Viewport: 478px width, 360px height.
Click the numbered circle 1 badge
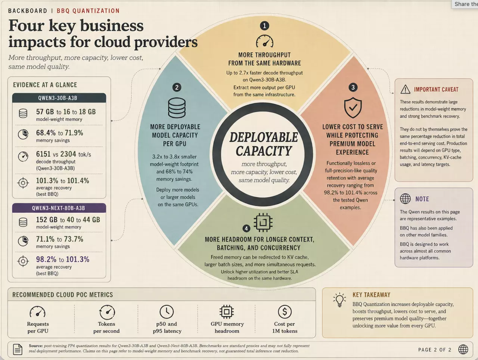(264, 26)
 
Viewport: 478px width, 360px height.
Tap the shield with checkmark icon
(353, 108)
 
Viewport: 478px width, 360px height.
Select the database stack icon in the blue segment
(177, 108)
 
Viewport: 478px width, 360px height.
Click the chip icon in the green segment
(263, 222)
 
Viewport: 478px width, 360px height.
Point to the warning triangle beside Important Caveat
(405, 89)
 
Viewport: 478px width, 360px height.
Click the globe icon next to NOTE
(405, 199)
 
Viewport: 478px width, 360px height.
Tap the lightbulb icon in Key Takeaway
(339, 300)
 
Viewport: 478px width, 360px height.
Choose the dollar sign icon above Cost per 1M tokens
(285, 312)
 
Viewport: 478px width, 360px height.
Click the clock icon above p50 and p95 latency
(167, 312)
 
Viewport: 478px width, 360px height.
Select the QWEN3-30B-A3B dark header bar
(59, 98)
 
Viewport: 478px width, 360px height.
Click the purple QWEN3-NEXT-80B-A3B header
(59, 208)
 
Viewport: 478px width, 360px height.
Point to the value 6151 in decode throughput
(43, 154)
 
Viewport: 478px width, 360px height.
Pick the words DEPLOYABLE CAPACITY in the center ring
(264, 144)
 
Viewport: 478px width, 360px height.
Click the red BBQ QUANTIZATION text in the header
(88, 11)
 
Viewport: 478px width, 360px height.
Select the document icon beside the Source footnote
(18, 349)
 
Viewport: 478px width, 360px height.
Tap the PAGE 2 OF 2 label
(435, 350)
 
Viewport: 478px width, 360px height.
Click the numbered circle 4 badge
(246, 228)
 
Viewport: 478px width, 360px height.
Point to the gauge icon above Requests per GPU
(37, 311)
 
